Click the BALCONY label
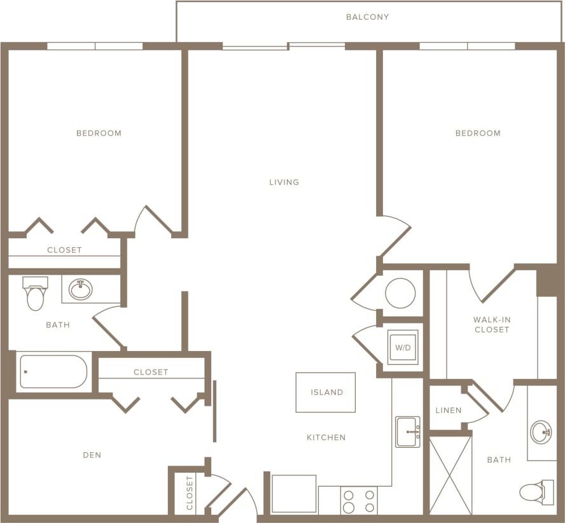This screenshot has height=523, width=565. tap(367, 17)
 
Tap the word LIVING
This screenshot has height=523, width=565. tap(284, 182)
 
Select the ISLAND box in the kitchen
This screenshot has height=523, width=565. tap(326, 392)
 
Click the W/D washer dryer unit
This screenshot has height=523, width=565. tap(403, 347)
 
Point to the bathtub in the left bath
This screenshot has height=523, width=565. tap(53, 371)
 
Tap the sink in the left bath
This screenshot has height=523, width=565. tap(81, 290)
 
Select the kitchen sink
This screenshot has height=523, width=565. tap(407, 432)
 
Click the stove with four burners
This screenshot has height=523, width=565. tap(359, 501)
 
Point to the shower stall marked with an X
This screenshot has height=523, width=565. tap(450, 475)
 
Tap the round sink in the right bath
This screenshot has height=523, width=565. tap(541, 431)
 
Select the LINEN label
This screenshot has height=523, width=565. tap(449, 410)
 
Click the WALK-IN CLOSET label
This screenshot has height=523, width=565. tap(491, 324)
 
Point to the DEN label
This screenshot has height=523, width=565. tap(92, 455)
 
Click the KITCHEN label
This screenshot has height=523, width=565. tap(326, 438)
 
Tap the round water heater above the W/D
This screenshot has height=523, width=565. tap(401, 293)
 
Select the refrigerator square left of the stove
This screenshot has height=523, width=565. tap(294, 494)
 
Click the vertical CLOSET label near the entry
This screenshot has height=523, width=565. tap(190, 493)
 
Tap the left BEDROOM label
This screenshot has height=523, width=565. tap(99, 133)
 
